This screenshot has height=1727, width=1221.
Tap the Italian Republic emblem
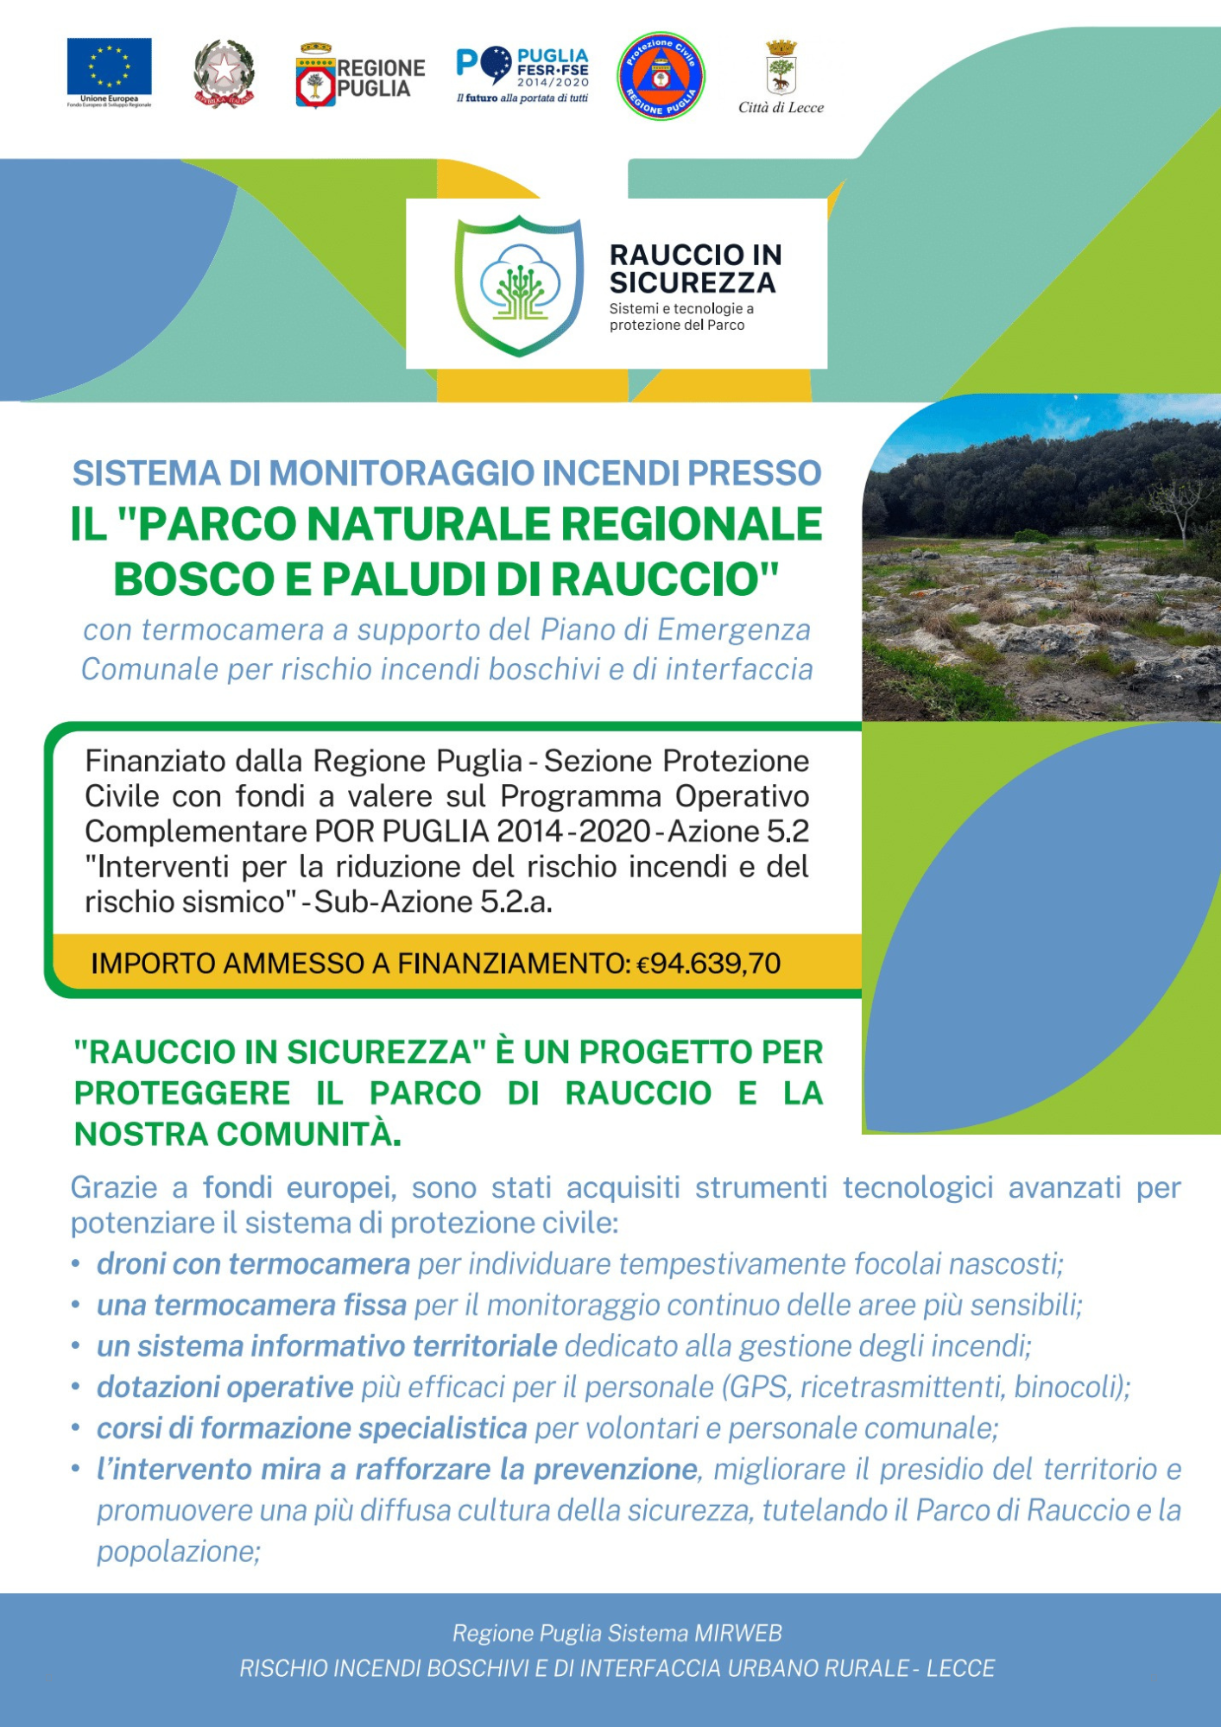pos(224,73)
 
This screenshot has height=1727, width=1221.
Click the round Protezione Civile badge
pos(661,76)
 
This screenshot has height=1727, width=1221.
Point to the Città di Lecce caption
pos(781,108)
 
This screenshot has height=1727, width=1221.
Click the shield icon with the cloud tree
pos(519,284)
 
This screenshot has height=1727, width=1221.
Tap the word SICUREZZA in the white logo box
pos(693,282)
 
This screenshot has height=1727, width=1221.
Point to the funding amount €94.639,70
pos(708,963)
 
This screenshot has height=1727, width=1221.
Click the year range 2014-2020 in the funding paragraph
pos(573,831)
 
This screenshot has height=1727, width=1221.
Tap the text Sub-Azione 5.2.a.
pos(433,901)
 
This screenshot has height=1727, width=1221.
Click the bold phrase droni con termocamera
pos(253,1263)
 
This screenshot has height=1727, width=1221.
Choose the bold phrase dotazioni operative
pos(225,1387)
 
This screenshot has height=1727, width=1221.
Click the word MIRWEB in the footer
pos(738,1633)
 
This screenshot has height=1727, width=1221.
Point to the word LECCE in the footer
pos(960,1667)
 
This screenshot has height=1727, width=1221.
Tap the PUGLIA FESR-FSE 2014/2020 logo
pos(523,74)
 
